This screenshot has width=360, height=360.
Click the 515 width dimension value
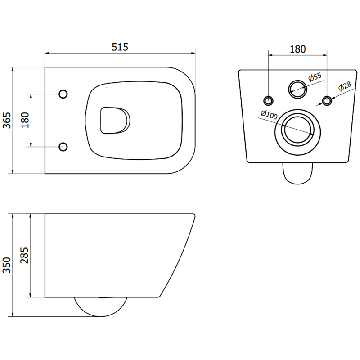[x=120, y=46]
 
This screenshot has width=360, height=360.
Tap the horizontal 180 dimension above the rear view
[x=297, y=49]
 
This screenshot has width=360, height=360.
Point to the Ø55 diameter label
[x=315, y=77]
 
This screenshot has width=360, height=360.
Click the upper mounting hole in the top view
[x=63, y=94]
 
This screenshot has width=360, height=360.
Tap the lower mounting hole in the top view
[x=63, y=146]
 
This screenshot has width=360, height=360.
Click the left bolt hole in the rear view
[x=269, y=99]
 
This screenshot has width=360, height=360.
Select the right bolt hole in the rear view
[x=327, y=99]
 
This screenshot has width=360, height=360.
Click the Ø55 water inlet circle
[x=297, y=88]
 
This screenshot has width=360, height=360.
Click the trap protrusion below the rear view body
[x=297, y=172]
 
